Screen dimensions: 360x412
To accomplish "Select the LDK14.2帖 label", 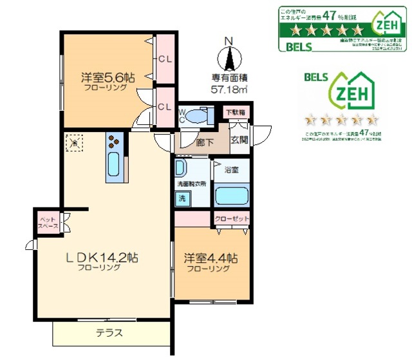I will (104, 257).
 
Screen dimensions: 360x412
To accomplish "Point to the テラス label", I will (109, 334).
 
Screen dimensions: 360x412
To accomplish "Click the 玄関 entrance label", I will (239, 140).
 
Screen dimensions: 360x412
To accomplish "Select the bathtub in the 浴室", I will (230, 196).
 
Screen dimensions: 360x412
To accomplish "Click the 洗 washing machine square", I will (182, 198).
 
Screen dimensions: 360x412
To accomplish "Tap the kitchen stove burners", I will (115, 142).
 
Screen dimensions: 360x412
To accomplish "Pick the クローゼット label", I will (231, 219).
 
